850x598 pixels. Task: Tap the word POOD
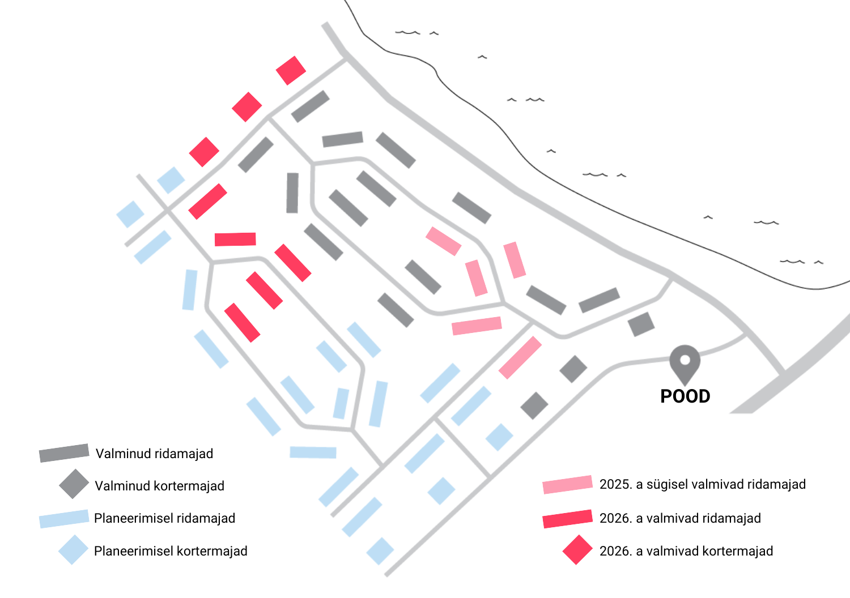click(x=685, y=396)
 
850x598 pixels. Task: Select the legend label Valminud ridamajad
click(x=154, y=454)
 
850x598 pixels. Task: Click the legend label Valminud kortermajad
click(x=159, y=486)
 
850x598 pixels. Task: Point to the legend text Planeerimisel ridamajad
click(x=164, y=518)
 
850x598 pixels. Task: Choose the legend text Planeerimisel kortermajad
click(x=171, y=551)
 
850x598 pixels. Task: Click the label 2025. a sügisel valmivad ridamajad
click(x=703, y=484)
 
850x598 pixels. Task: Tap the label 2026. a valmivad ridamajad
click(x=680, y=518)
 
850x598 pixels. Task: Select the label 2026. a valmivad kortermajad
click(x=686, y=551)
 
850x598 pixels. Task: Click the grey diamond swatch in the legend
click(x=74, y=484)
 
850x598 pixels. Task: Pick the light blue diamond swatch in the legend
click(x=73, y=550)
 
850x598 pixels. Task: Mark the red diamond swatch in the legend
click(x=577, y=550)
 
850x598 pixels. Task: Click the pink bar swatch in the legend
click(x=568, y=485)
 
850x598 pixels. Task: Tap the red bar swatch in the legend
click(x=568, y=519)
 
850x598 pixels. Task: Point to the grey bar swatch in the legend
click(x=64, y=453)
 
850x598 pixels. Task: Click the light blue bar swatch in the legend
click(x=64, y=519)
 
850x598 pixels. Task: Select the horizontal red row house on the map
click(x=235, y=240)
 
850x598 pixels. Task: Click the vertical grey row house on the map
click(x=292, y=193)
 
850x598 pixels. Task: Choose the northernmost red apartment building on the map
click(x=291, y=71)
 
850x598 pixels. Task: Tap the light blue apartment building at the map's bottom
click(x=380, y=551)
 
